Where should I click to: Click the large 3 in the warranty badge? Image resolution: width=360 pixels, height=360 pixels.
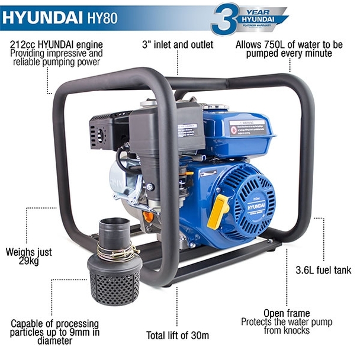coord(225,18)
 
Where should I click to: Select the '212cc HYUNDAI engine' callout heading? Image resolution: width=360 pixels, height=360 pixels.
coord(57,44)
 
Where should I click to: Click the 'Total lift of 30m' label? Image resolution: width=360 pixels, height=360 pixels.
coord(178,336)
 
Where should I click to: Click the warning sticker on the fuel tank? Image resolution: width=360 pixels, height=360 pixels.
coord(248,127)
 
